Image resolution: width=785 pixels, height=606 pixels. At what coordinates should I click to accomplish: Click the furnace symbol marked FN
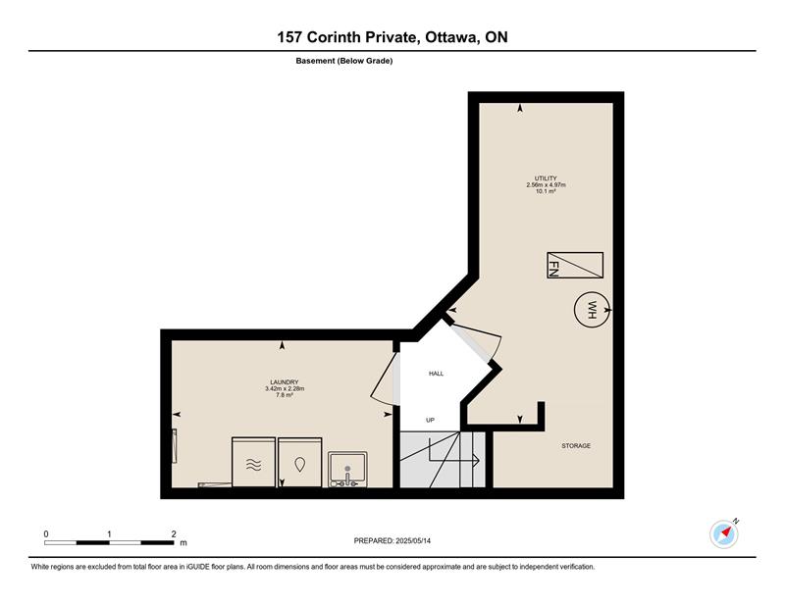click(575, 265)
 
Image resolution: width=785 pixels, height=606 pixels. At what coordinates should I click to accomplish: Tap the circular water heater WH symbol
click(592, 310)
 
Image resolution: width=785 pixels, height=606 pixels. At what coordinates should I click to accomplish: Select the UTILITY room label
click(546, 178)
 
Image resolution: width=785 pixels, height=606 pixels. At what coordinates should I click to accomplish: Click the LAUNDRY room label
click(285, 381)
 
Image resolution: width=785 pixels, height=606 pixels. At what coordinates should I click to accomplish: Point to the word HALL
click(436, 374)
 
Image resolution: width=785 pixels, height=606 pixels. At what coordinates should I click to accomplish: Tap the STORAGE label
click(576, 445)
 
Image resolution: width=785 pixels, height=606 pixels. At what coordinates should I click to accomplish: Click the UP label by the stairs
click(430, 421)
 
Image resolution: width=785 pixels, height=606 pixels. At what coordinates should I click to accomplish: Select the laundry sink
click(348, 470)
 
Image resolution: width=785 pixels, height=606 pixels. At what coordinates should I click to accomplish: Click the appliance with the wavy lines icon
click(254, 463)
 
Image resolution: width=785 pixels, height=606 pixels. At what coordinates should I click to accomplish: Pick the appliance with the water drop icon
click(300, 463)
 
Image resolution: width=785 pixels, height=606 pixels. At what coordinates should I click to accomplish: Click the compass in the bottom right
click(724, 534)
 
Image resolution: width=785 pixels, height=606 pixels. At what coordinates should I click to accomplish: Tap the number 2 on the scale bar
click(174, 534)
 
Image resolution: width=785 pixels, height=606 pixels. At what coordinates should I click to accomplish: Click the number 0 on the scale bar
click(46, 534)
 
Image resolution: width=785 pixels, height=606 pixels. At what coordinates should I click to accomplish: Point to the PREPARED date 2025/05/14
click(413, 540)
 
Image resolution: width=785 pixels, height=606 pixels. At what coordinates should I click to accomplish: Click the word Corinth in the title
click(334, 37)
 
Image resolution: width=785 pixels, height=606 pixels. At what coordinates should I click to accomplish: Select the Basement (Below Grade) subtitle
click(344, 61)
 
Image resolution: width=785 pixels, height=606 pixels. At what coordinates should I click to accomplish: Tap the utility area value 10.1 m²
click(546, 191)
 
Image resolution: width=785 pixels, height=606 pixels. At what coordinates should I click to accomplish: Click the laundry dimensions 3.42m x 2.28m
click(285, 388)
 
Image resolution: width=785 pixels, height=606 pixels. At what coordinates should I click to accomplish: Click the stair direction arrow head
click(477, 460)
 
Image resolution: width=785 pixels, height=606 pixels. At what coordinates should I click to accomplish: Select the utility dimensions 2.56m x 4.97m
click(546, 184)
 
